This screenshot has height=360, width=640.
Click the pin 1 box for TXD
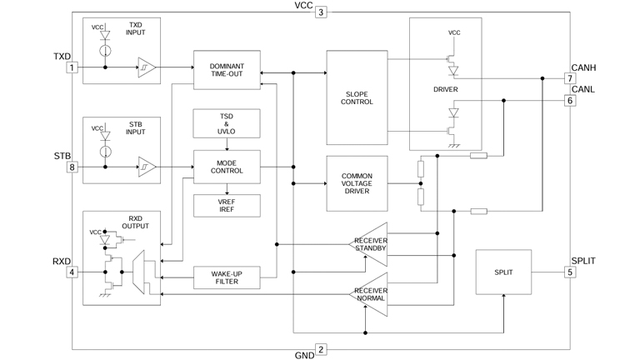pos(72,67)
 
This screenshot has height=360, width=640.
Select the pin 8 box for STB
pos(72,167)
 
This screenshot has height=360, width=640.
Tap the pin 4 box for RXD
pos(72,272)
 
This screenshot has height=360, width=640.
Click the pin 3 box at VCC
pos(321,12)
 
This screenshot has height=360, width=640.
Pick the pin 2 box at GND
pos(321,350)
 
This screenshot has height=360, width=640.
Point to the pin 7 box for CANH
pos(570,79)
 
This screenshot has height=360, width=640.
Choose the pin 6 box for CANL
pos(570,101)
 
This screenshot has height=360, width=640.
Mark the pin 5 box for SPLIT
pos(570,272)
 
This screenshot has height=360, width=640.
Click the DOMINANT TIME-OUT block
pos(227,70)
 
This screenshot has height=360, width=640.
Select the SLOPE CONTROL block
pos(357,97)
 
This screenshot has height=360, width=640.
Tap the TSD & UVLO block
pos(227,123)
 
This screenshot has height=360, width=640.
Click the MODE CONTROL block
pos(227,166)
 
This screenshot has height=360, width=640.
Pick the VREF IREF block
pos(227,205)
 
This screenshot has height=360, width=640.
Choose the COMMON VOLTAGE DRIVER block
pos(357,183)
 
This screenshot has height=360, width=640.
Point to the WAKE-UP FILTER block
pos(227,277)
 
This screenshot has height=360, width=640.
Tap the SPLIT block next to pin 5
pos(503,272)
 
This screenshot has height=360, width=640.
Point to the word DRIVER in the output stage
pos(446,89)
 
